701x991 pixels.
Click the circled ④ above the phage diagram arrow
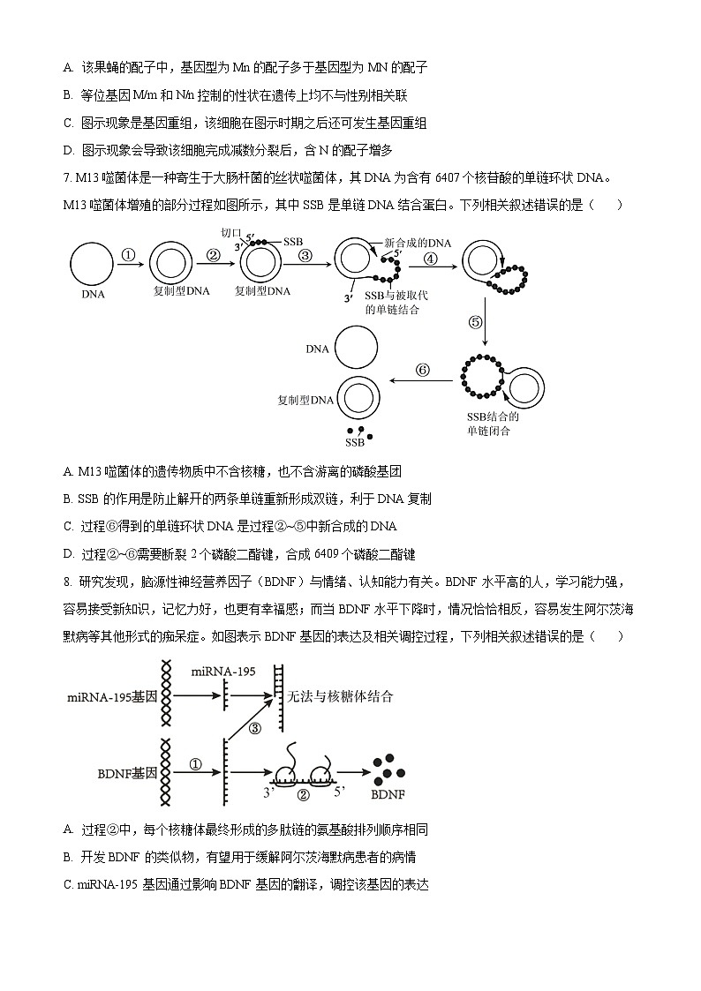click(431, 259)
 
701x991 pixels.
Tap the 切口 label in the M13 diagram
click(230, 233)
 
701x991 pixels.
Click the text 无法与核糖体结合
click(340, 696)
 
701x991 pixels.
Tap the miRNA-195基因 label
click(111, 697)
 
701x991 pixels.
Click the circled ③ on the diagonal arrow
click(255, 728)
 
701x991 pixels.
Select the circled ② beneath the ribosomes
click(303, 794)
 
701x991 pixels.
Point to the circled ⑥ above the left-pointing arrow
click(423, 371)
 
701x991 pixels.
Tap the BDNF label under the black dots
click(388, 794)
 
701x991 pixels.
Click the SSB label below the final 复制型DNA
click(355, 442)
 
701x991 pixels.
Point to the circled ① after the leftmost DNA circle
click(128, 256)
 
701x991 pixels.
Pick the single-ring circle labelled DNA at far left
click(91, 264)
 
